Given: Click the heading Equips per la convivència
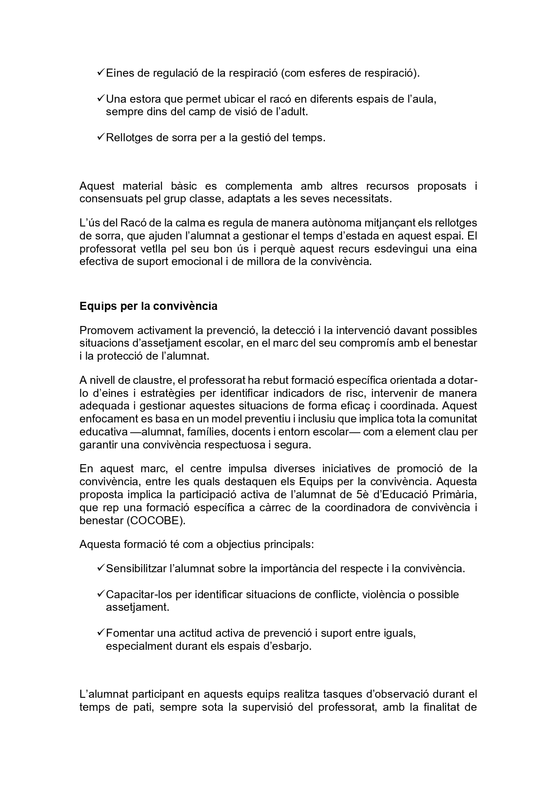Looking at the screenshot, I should (x=148, y=306).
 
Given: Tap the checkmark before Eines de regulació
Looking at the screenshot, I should (x=101, y=72).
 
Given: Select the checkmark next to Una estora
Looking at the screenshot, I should (x=101, y=98).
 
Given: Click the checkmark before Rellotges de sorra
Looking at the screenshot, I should (x=101, y=137).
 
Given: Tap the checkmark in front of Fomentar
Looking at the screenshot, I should (x=101, y=633).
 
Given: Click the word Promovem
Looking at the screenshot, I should (x=106, y=330).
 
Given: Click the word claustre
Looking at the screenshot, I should (x=153, y=380).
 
